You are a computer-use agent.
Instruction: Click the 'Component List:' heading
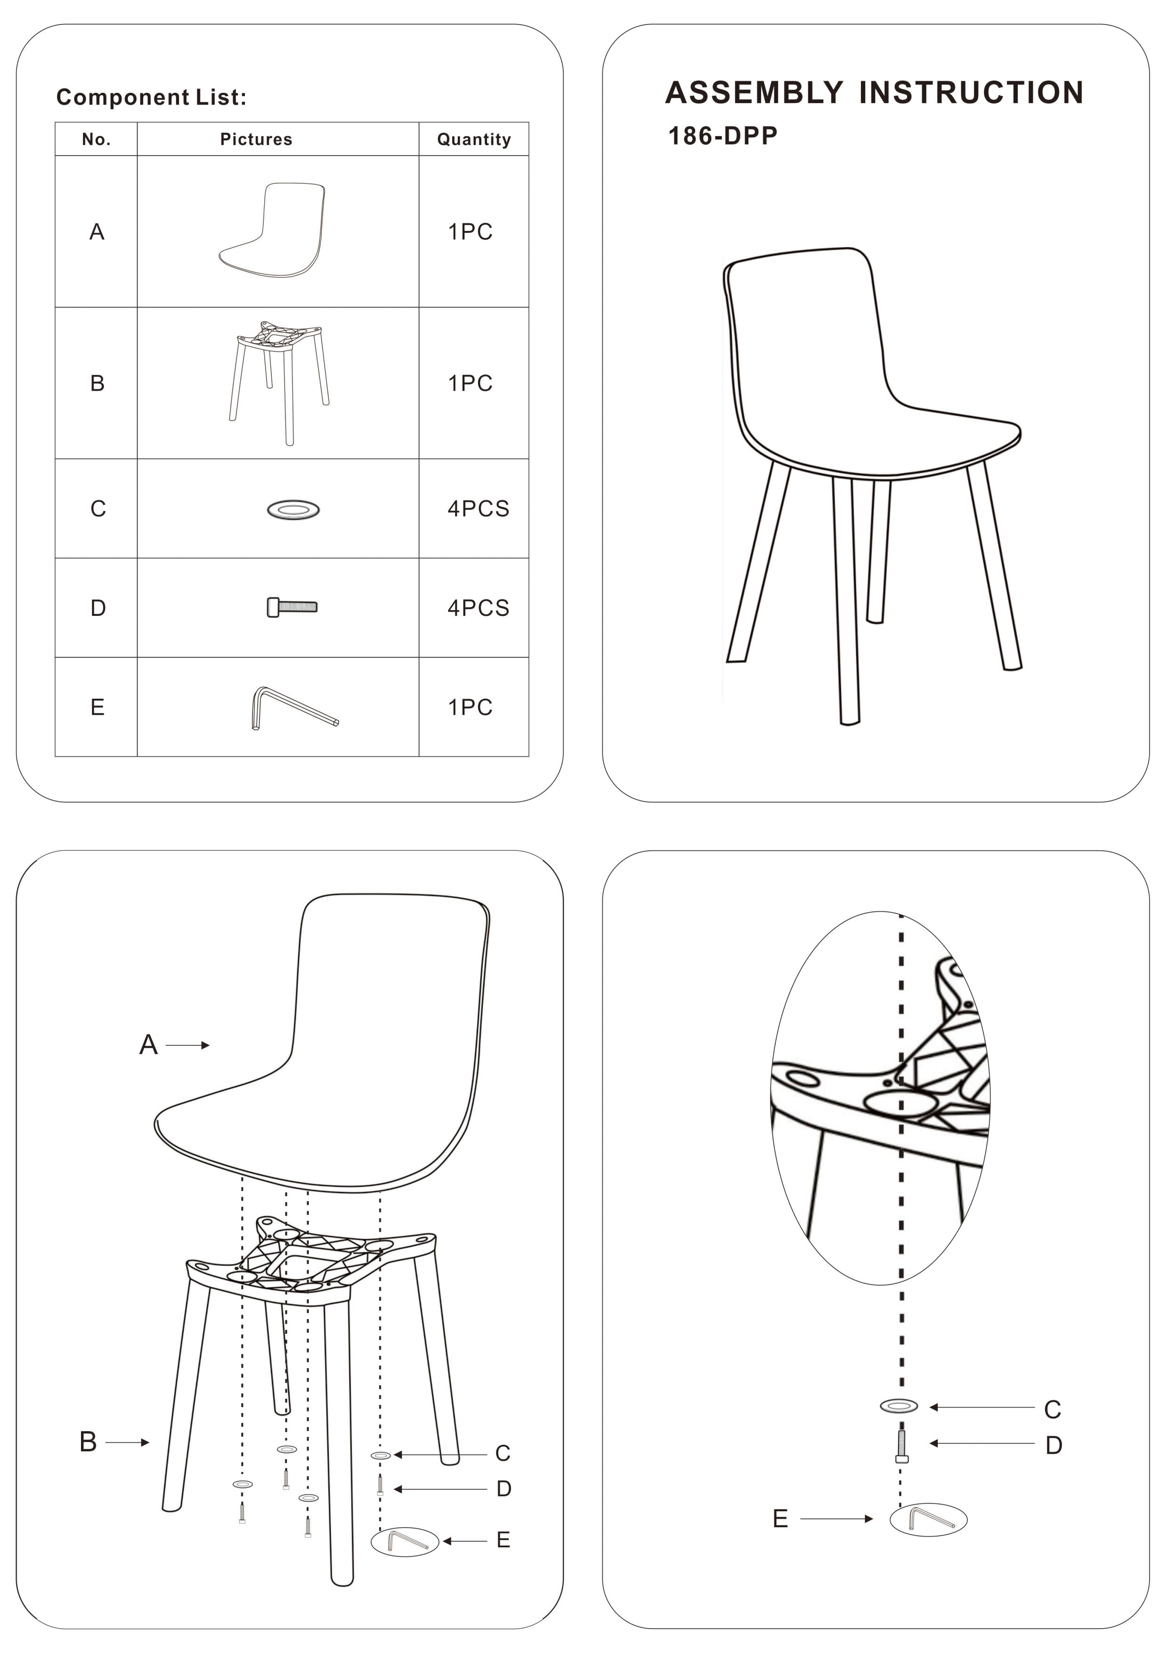[151, 97]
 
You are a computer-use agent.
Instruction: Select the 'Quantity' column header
[474, 139]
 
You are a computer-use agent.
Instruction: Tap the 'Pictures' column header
[256, 139]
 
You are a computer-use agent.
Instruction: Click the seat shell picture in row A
[273, 230]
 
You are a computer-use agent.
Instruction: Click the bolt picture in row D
[292, 607]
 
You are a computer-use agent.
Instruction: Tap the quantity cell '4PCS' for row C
[478, 508]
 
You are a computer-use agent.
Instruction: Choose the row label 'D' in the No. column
[98, 608]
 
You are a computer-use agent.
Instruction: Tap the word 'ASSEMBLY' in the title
[754, 92]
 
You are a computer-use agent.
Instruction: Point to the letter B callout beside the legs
[88, 1441]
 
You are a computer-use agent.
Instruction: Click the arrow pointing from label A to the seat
[188, 1045]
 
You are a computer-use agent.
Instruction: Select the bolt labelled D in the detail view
[901, 1446]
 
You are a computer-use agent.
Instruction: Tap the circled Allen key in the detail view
[929, 1519]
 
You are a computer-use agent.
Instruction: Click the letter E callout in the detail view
[780, 1518]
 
